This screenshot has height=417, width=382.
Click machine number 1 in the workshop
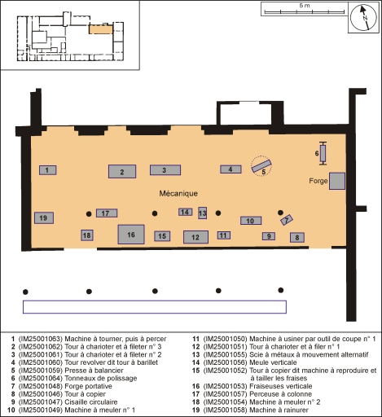tap(48, 169)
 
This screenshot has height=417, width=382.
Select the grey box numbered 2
tap(121, 171)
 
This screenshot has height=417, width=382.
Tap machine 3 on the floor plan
tap(165, 170)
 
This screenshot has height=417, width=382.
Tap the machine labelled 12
tap(195, 237)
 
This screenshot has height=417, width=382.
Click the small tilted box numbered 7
tap(286, 220)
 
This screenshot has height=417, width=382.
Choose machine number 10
tap(251, 221)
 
